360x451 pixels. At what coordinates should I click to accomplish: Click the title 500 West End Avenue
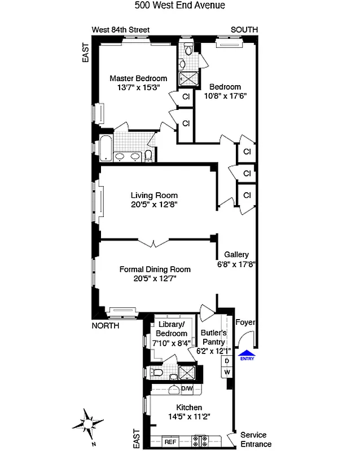tap(180, 6)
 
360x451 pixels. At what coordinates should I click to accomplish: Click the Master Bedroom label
tap(138, 78)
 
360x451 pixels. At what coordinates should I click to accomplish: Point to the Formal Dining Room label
tap(155, 269)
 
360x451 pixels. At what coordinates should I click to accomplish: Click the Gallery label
tap(236, 254)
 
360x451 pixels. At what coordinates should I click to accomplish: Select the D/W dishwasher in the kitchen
tap(187, 389)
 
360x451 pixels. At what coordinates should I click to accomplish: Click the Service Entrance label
tap(256, 439)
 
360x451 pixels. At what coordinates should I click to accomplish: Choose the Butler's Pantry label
tap(213, 337)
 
